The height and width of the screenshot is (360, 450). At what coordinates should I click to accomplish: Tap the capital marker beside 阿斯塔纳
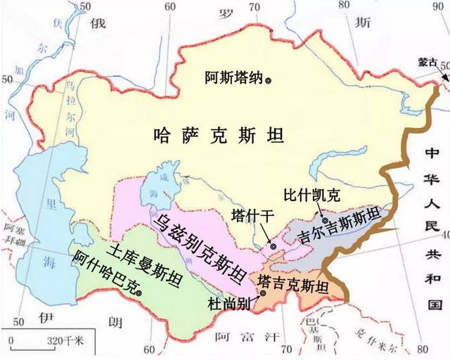(267, 80)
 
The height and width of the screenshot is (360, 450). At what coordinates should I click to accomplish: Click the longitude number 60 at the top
(169, 6)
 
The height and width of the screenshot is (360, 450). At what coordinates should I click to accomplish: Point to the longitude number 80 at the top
(343, 6)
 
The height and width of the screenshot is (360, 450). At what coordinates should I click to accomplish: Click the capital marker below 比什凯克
(324, 202)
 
